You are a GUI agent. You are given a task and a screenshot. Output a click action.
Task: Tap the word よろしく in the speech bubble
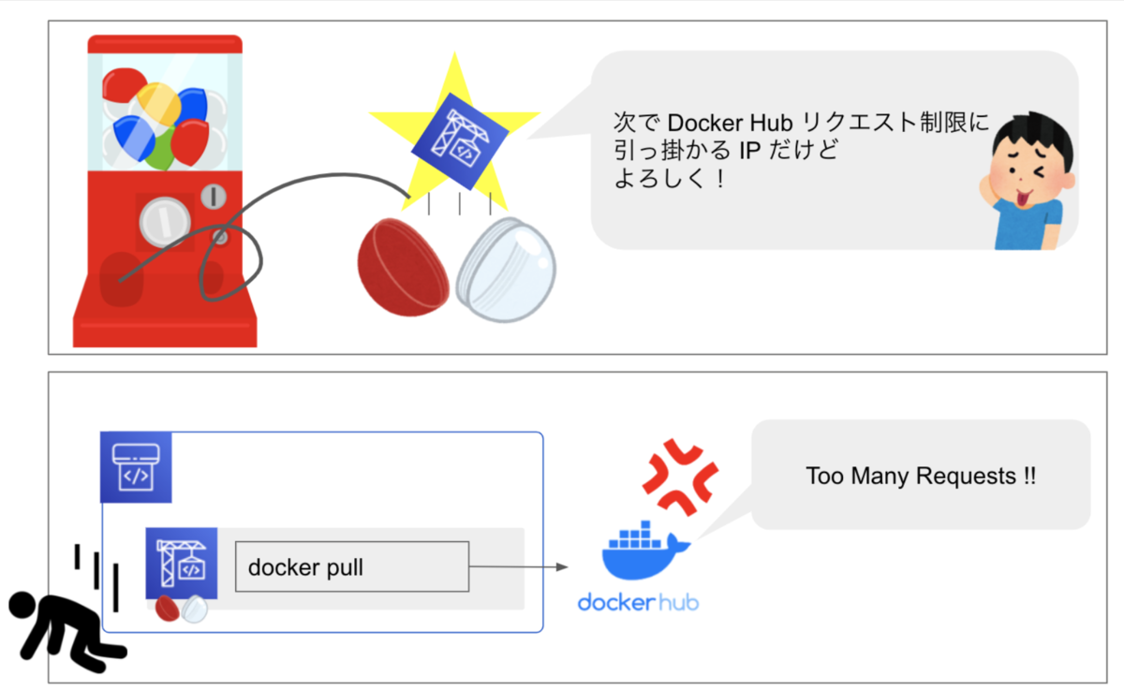click(659, 180)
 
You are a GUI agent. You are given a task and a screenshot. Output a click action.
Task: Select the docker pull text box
click(351, 566)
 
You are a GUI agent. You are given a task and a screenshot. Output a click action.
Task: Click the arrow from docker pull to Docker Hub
click(520, 566)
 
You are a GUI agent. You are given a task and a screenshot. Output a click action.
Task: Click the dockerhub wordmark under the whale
click(638, 601)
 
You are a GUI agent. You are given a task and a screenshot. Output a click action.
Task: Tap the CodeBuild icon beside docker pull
click(182, 563)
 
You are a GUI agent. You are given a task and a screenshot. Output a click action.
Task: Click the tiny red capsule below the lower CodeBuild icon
click(168, 609)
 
